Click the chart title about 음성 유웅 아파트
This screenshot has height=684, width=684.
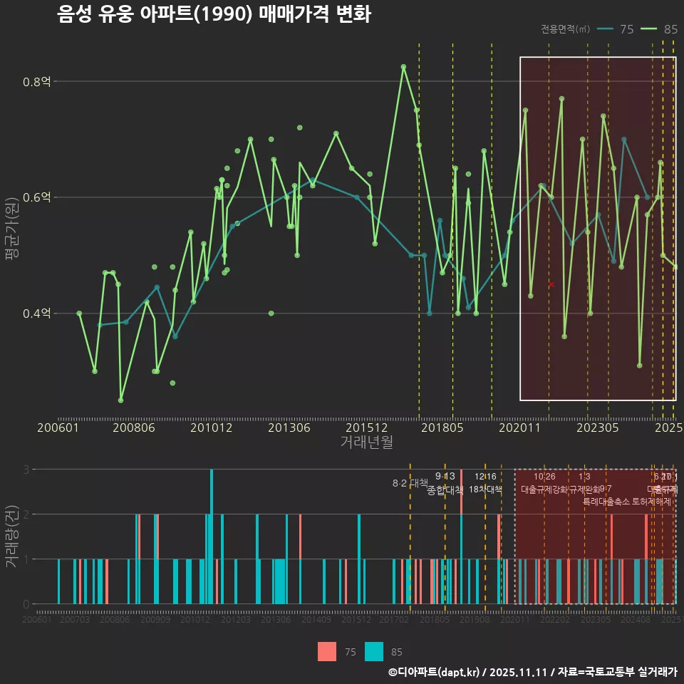[214, 14]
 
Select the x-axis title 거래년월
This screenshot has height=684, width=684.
[366, 442]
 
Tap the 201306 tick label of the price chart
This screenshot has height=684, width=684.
[289, 428]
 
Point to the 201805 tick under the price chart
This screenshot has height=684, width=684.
[442, 428]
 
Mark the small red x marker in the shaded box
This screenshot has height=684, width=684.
[551, 284]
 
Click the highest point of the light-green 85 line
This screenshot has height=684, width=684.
[403, 67]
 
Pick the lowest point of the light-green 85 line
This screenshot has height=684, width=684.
[121, 400]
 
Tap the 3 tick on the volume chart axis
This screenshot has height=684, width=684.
[27, 470]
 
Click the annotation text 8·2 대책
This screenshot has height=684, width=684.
[410, 483]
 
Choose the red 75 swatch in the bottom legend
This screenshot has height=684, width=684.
[327, 652]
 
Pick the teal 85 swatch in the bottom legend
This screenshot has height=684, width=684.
[374, 652]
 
